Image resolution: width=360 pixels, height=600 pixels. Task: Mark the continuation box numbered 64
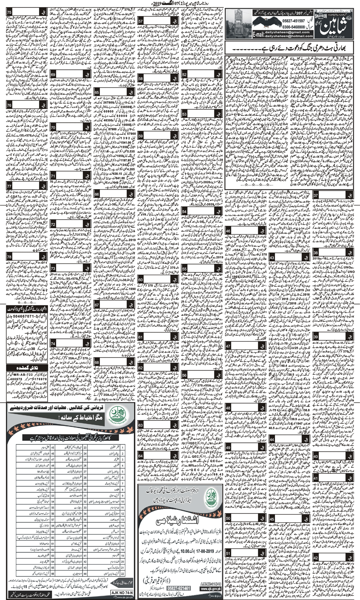(x=140, y=456)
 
